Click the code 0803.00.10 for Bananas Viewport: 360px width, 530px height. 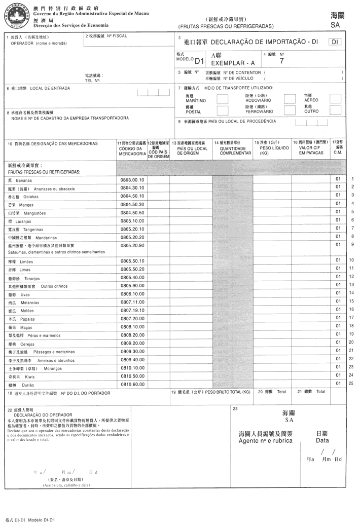pyautogui.click(x=132, y=179)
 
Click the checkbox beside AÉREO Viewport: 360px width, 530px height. pyautogui.click(x=335, y=98)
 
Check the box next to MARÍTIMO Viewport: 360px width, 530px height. pyautogui.click(x=222, y=98)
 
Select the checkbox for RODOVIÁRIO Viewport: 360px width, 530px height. pyautogui.click(x=290, y=98)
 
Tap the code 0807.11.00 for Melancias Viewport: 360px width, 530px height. pyautogui.click(x=132, y=302)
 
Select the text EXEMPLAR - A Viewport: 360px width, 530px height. pyautogui.click(x=233, y=63)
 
